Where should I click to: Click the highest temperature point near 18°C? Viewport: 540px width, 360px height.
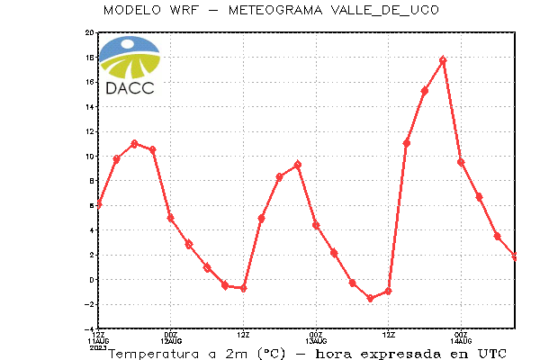click(443, 60)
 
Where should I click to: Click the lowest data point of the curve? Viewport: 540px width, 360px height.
click(370, 299)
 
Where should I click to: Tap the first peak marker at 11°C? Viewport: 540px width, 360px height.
click(134, 144)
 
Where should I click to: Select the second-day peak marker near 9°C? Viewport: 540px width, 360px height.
click(298, 165)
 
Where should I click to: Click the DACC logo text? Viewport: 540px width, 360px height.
click(130, 88)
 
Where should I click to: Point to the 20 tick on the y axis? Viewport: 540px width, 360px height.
click(89, 32)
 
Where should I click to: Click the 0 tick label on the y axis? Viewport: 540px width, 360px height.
click(92, 280)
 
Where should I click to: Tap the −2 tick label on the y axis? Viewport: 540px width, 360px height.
click(89, 304)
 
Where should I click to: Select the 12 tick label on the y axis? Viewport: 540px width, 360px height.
click(89, 131)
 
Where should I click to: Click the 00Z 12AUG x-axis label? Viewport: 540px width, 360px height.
click(171, 338)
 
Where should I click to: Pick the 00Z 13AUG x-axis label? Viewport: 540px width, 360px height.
click(316, 338)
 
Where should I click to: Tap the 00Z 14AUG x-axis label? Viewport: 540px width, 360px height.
click(461, 338)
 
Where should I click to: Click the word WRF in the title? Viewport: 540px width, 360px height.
click(184, 10)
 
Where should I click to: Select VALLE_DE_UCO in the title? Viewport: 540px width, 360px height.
click(385, 10)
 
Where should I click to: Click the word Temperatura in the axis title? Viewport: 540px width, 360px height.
click(154, 354)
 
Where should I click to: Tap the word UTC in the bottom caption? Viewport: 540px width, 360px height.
click(492, 354)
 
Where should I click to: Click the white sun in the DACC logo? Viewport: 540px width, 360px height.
click(128, 44)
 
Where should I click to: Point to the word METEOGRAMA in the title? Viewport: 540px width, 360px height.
click(275, 10)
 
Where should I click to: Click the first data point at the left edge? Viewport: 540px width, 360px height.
click(99, 204)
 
